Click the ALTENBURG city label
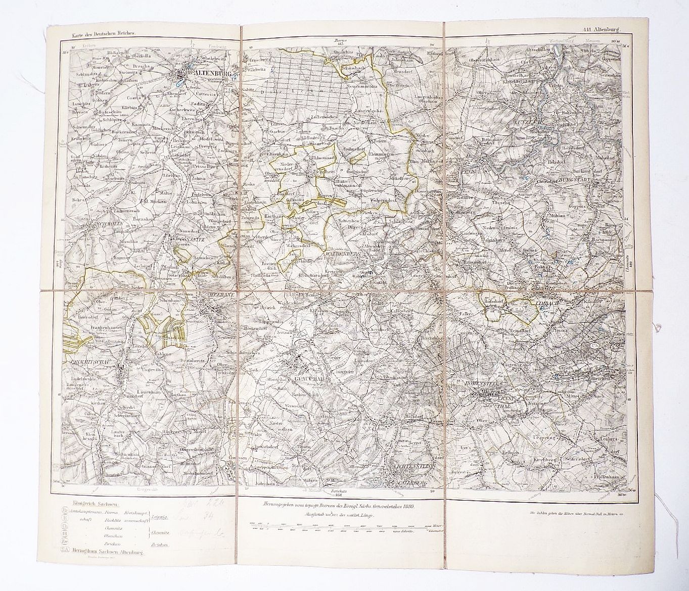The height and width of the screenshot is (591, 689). (x=212, y=74)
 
